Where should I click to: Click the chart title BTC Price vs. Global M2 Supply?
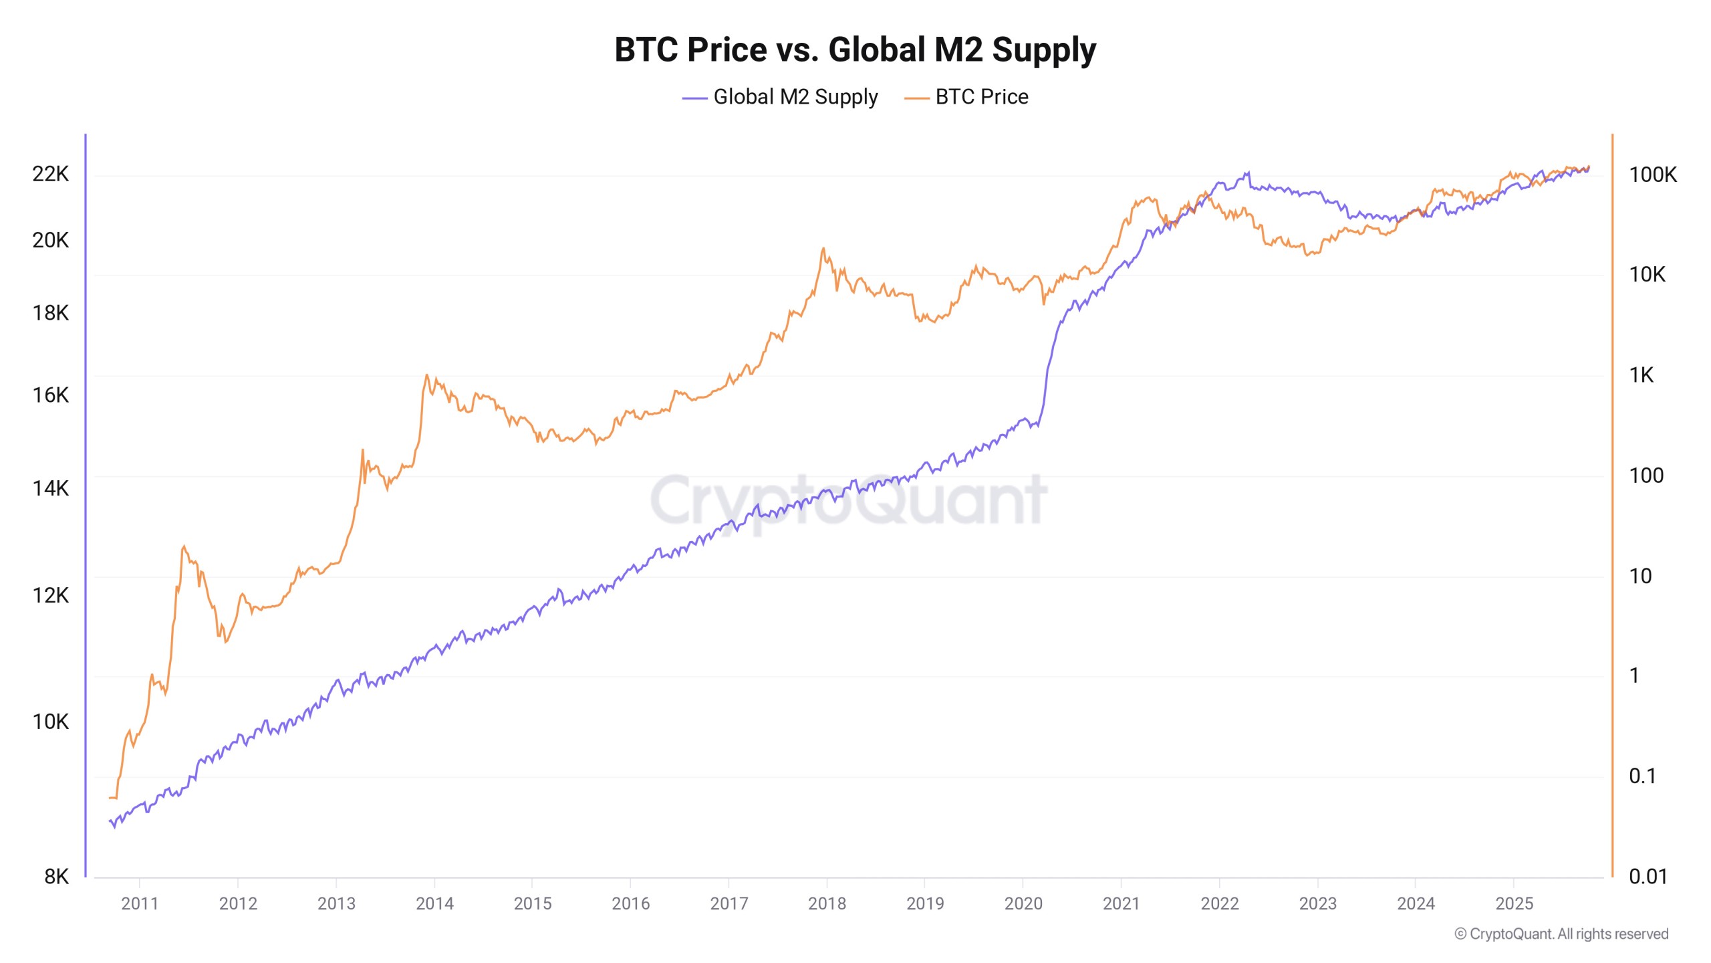click(855, 49)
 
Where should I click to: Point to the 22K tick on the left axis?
click(50, 174)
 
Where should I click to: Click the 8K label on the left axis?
click(56, 876)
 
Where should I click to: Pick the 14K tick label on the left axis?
click(50, 488)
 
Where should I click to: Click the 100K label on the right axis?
click(1652, 175)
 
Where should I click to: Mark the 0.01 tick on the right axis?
click(1648, 876)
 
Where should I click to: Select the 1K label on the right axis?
click(1641, 375)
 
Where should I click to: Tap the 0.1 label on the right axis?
click(1642, 776)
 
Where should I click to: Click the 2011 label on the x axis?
click(139, 903)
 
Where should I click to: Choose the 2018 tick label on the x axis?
click(827, 903)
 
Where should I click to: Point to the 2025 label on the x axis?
click(1514, 903)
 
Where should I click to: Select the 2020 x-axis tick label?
click(1023, 903)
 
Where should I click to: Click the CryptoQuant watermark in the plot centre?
click(849, 500)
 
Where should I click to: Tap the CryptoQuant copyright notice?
click(1561, 934)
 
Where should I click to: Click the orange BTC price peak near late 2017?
click(823, 249)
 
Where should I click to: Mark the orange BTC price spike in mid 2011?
click(184, 547)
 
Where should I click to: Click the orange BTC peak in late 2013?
click(426, 376)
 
